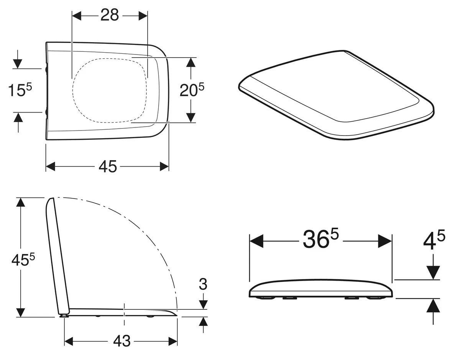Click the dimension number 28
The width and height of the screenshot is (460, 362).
pos(110,15)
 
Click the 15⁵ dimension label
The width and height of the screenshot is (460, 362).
pos(20,89)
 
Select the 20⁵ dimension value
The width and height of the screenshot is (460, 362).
pos(192,89)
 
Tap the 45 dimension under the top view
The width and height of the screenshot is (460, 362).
pos(108,166)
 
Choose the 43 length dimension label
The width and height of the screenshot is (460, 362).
pos(122,347)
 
